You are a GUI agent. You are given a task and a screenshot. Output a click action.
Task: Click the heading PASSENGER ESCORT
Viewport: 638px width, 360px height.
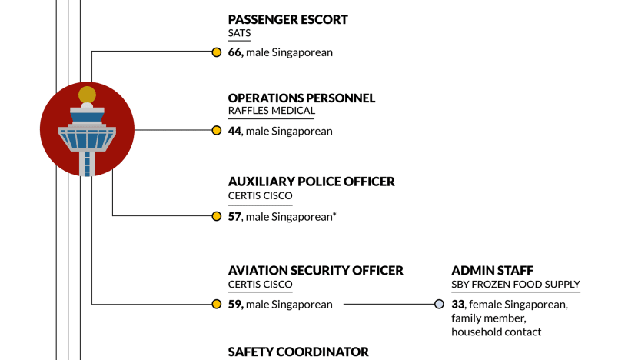point(287,19)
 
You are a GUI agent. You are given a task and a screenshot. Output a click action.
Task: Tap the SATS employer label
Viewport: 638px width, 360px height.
point(239,33)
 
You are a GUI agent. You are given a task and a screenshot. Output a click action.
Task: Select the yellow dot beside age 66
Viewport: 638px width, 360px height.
point(217,52)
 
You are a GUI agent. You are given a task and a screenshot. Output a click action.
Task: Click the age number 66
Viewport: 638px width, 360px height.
point(235,52)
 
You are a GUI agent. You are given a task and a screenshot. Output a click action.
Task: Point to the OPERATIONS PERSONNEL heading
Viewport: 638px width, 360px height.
point(301,98)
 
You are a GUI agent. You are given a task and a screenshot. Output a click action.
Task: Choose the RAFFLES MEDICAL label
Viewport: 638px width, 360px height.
point(271,111)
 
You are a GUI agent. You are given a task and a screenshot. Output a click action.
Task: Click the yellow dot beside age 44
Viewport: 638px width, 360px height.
point(217,130)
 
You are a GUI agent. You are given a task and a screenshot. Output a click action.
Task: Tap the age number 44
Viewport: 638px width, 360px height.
point(234,131)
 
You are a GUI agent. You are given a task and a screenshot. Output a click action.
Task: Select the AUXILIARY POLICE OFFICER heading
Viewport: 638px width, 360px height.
point(311,182)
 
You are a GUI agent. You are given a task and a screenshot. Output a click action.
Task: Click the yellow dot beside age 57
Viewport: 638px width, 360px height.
point(217,216)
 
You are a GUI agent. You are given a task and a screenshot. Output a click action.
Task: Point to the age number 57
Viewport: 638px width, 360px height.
point(234,217)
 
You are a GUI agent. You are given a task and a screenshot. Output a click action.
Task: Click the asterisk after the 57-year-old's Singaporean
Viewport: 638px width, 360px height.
point(334,213)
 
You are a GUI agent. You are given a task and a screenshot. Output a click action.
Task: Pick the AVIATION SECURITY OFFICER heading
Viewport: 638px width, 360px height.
point(316,271)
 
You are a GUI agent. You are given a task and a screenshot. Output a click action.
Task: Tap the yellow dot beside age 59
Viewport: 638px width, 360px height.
point(217,304)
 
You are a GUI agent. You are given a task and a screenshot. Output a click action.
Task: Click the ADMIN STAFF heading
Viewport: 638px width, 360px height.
point(492,271)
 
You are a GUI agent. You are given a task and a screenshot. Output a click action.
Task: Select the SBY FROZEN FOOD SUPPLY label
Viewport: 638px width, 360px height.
point(516,285)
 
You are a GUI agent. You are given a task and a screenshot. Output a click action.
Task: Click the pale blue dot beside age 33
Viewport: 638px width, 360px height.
point(439,304)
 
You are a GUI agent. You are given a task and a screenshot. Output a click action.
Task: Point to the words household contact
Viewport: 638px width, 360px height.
point(497,332)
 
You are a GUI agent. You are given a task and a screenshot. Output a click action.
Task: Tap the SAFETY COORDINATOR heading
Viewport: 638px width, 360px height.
point(298,352)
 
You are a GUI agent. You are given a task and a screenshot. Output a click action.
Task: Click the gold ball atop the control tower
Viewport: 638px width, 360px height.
point(87,95)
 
